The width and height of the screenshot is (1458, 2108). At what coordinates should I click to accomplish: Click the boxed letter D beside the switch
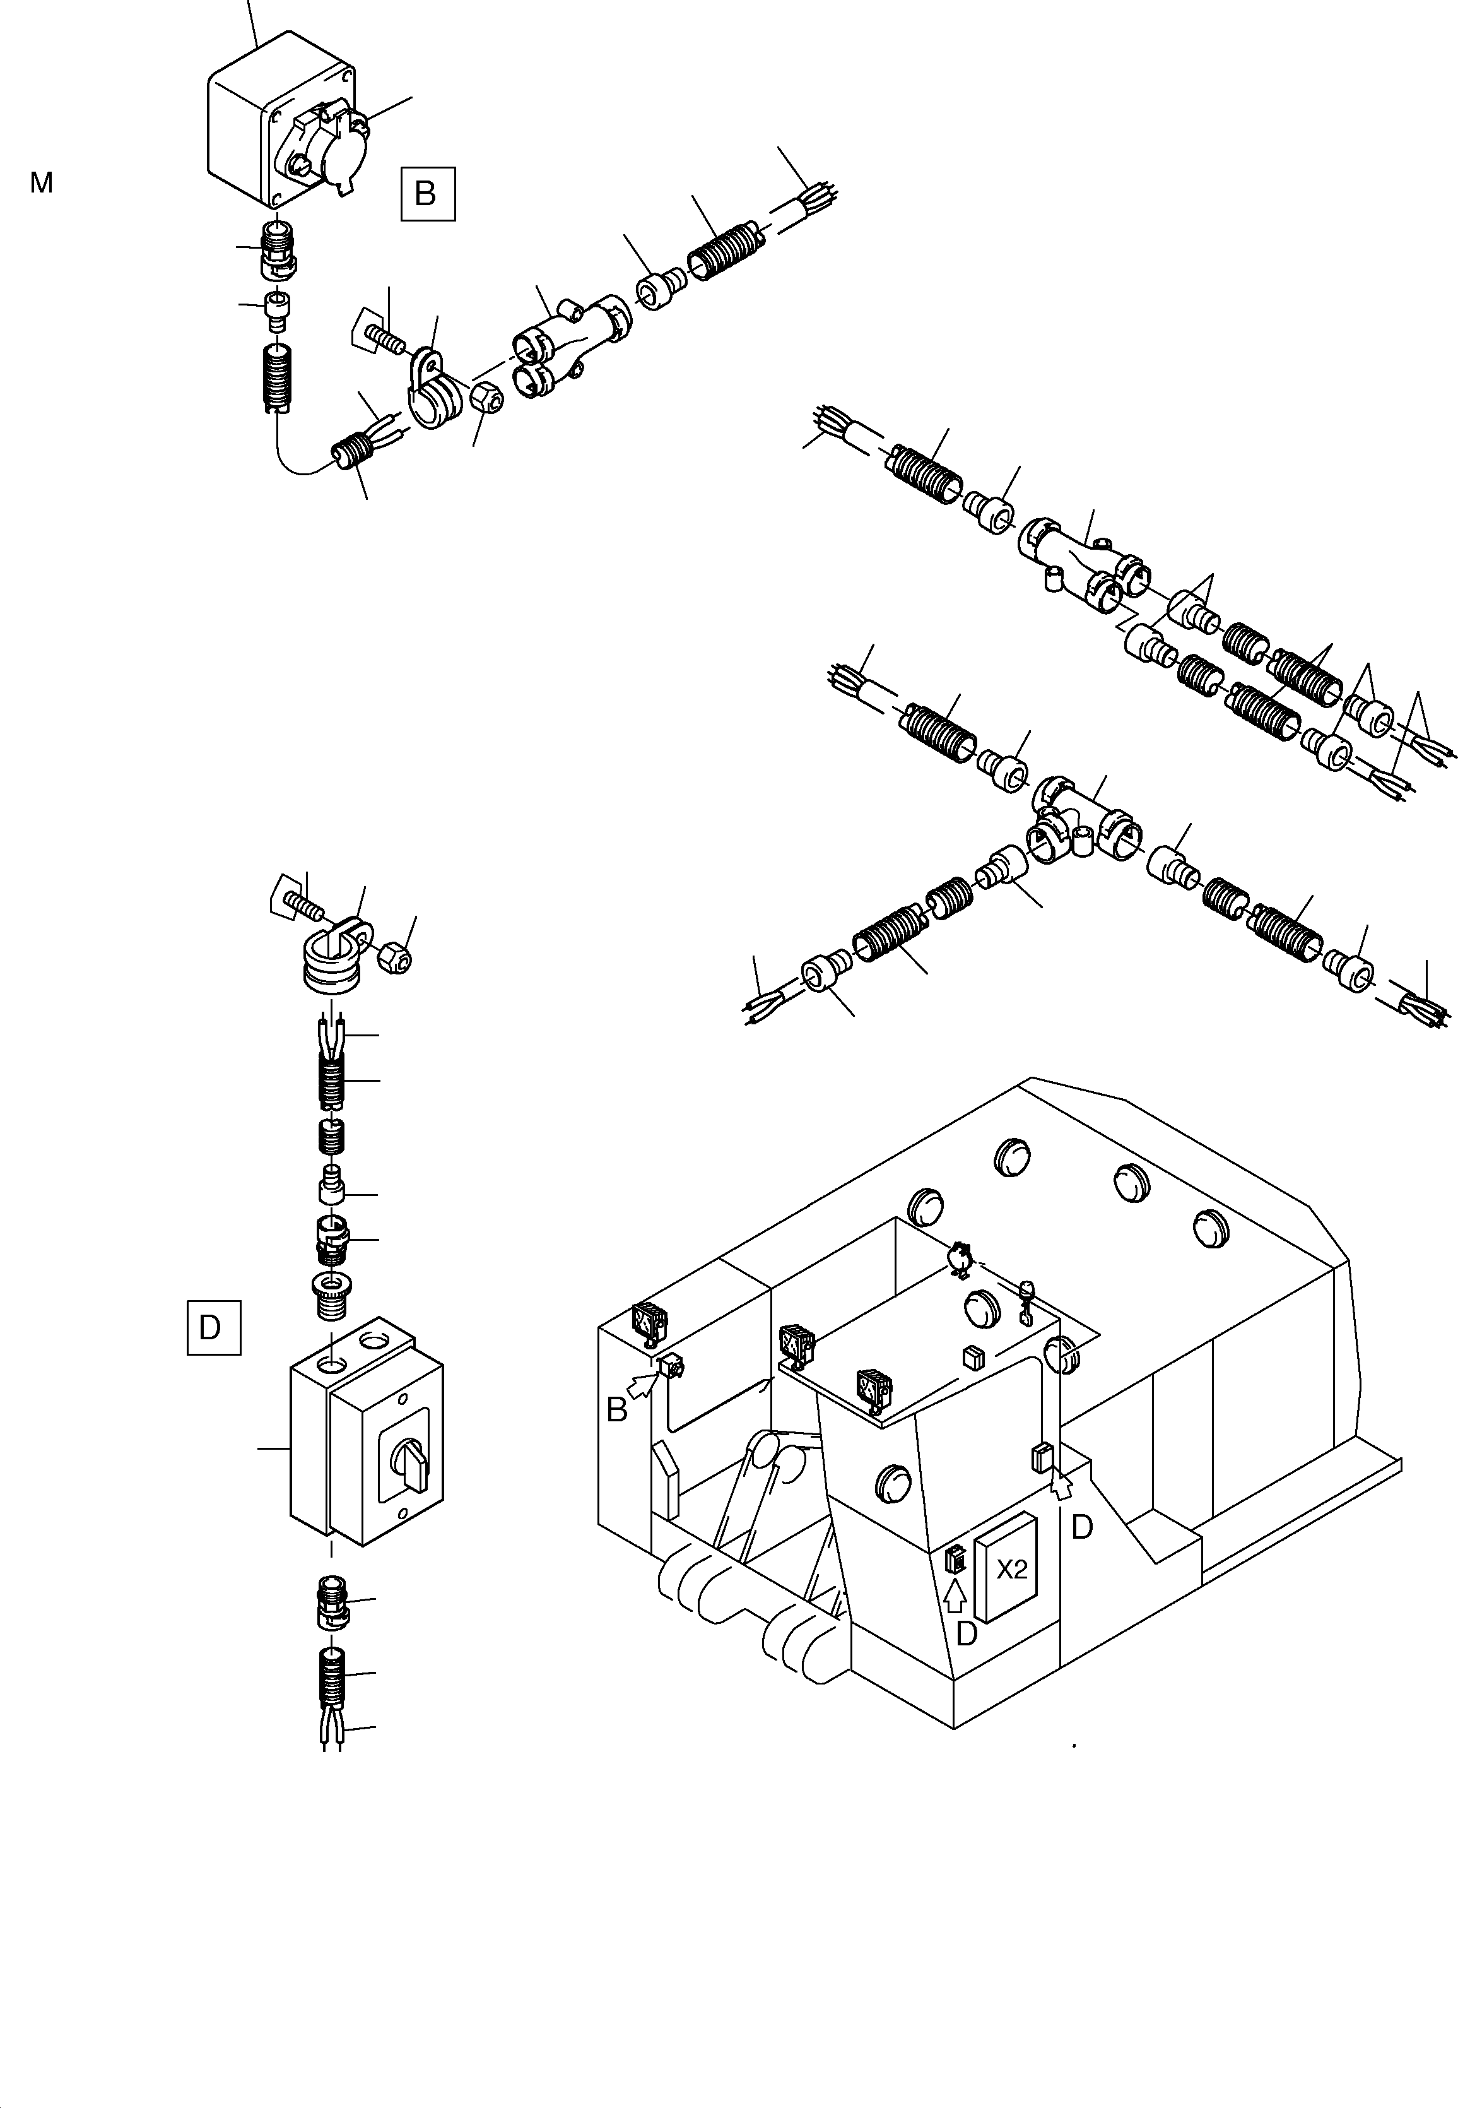(x=213, y=1327)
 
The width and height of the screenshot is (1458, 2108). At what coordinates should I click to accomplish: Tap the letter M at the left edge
(x=41, y=183)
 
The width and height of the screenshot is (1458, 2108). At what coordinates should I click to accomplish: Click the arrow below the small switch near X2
(x=955, y=1596)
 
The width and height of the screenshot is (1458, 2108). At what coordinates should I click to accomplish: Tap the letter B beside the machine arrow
(x=618, y=1411)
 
